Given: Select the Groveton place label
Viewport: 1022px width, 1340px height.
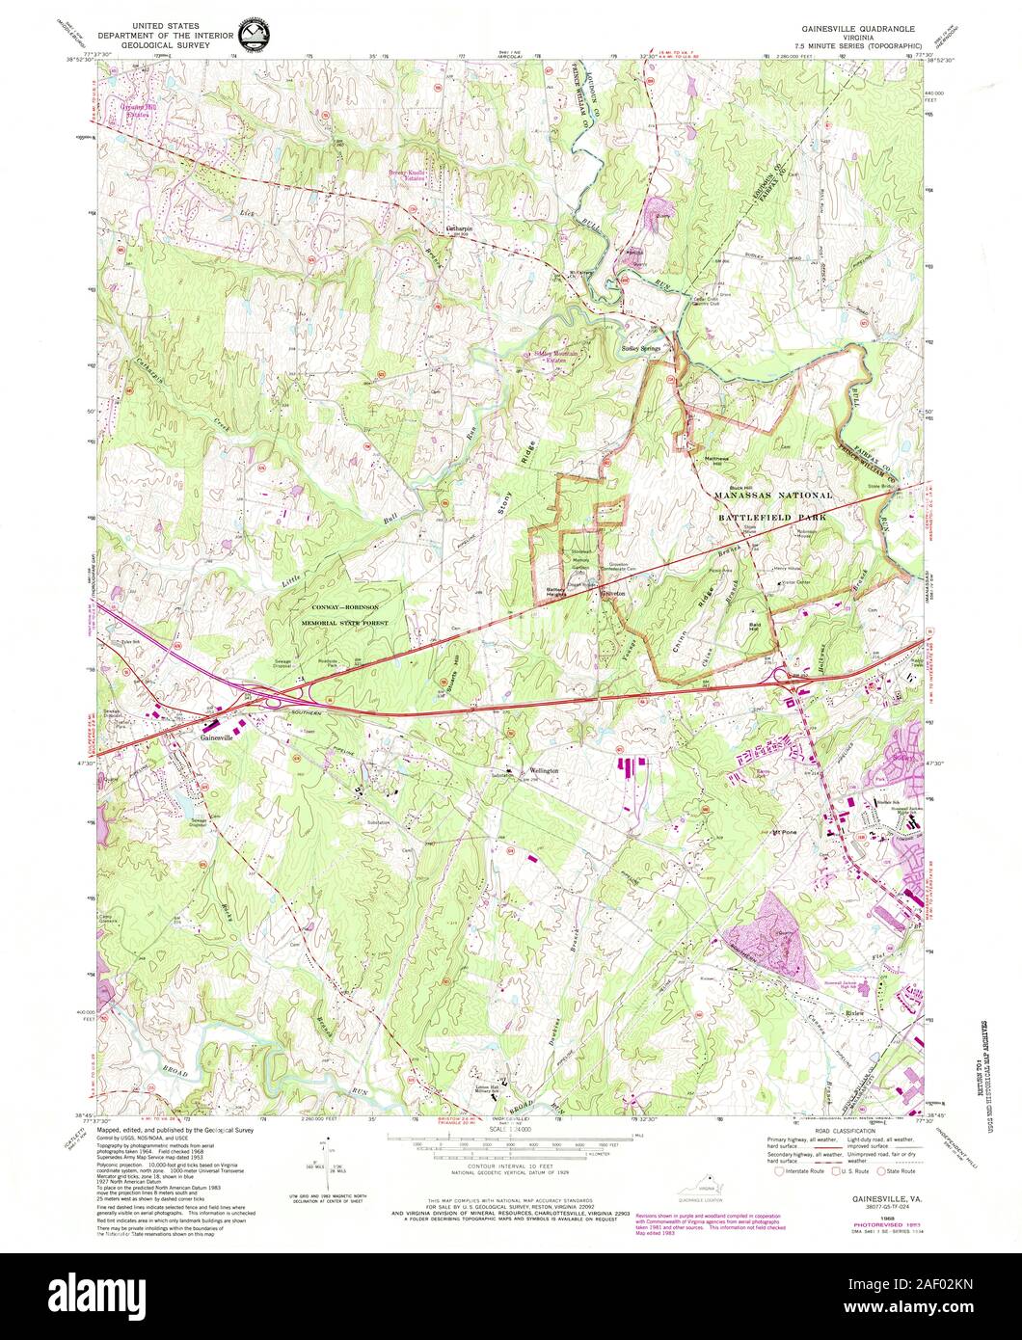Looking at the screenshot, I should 613,594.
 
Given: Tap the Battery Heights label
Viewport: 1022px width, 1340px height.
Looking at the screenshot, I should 555,593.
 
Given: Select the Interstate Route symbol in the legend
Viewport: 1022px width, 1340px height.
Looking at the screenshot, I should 773,1171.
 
